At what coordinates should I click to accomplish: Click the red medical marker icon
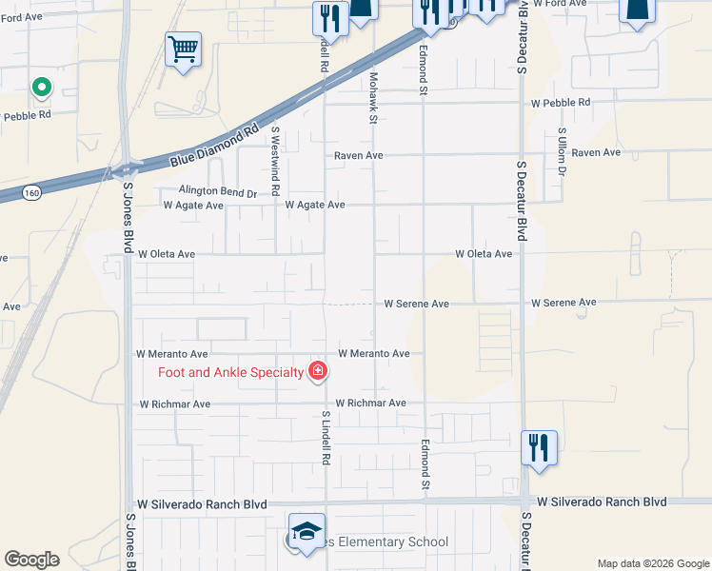(317, 371)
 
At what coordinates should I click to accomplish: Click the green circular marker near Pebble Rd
(41, 89)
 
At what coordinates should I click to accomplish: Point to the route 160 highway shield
(33, 191)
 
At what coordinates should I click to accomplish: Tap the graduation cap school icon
(307, 530)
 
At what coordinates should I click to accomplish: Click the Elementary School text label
(387, 542)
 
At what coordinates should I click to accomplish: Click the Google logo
(31, 560)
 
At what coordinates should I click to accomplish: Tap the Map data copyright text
(652, 563)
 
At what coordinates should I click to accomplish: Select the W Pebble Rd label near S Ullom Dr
(561, 102)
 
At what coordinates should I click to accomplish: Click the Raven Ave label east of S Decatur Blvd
(596, 152)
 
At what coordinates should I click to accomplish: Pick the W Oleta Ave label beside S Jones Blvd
(167, 254)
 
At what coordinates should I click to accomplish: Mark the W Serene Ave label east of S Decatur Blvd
(564, 303)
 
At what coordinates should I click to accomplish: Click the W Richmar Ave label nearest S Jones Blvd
(174, 404)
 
